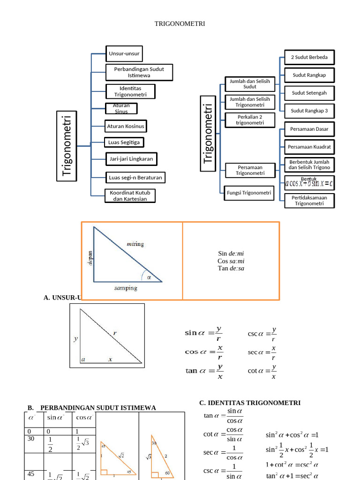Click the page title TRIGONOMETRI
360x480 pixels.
[x=180, y=24]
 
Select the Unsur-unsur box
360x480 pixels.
[x=124, y=53]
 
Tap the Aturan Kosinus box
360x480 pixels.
[x=126, y=126]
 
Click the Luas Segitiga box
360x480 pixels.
[x=124, y=142]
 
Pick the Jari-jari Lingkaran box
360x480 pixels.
[x=131, y=159]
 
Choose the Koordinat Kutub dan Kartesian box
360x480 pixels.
[x=130, y=195]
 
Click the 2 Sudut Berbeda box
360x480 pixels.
[x=309, y=57]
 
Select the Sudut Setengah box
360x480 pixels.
[x=309, y=93]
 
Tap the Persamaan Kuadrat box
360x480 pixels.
[x=309, y=147]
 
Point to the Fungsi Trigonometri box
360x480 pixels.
[x=249, y=193]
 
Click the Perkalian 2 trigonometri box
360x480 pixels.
[x=250, y=120]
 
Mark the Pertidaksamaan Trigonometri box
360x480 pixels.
[x=309, y=201]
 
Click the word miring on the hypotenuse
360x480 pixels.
[x=135, y=244]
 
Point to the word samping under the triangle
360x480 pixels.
[x=126, y=288]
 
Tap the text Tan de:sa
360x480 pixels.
[x=231, y=269]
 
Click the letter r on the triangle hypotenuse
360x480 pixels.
[x=114, y=333]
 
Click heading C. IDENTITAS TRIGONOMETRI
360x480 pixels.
[x=250, y=403]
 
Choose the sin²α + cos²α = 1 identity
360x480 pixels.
[x=292, y=435]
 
